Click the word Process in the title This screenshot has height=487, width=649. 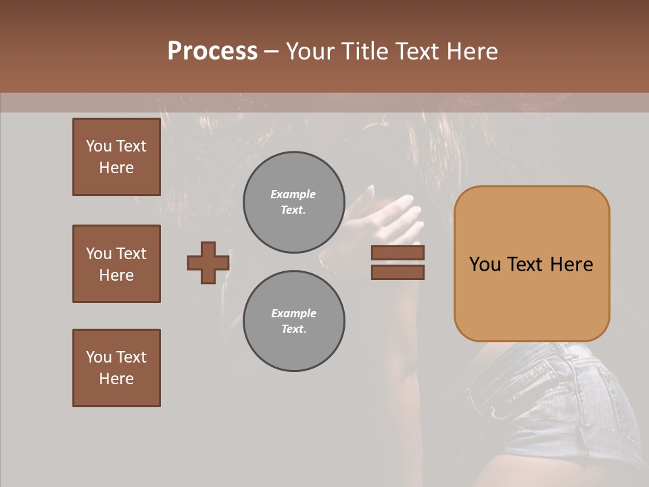click(x=212, y=51)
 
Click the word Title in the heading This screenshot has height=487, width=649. click(x=364, y=51)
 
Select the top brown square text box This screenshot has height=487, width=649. click(x=116, y=157)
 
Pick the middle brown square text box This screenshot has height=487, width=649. click(x=116, y=264)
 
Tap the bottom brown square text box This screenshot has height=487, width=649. click(x=116, y=368)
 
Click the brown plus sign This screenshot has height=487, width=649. click(x=208, y=262)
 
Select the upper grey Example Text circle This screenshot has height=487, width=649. click(x=293, y=202)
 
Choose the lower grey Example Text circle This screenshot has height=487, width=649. click(x=293, y=321)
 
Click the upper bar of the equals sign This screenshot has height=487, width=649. click(x=398, y=253)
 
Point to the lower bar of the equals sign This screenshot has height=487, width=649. click(x=398, y=272)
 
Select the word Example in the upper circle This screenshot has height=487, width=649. click(x=293, y=194)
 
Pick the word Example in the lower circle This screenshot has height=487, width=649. click(x=293, y=313)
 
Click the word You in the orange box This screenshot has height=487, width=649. click(x=485, y=264)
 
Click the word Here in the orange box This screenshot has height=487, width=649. click(x=571, y=264)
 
